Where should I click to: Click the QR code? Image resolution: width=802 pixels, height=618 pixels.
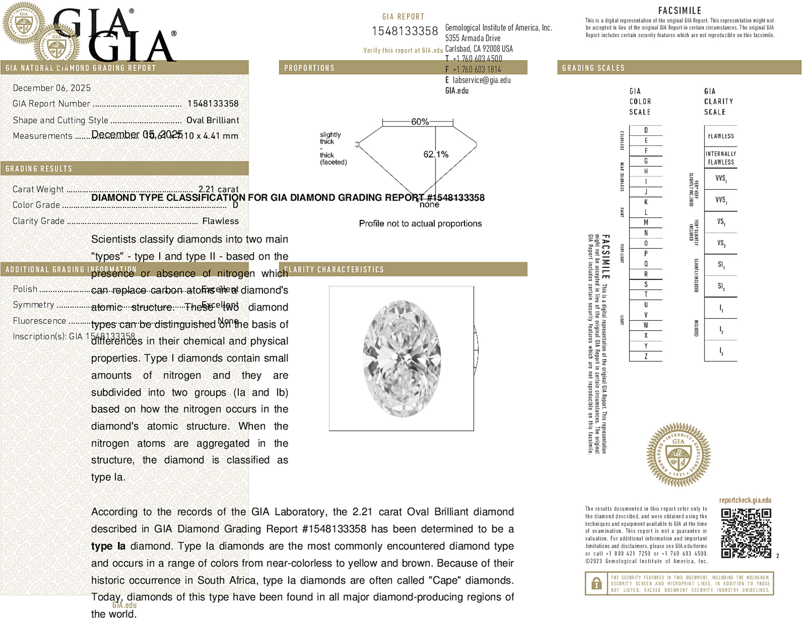745,533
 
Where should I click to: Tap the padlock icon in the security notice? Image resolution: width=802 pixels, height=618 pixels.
596,583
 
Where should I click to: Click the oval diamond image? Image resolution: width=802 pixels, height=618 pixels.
402,358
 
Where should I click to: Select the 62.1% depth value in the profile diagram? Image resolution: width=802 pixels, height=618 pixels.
435,155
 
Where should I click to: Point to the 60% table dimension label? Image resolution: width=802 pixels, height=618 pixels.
420,122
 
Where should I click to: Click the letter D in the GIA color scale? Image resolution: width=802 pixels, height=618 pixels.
646,130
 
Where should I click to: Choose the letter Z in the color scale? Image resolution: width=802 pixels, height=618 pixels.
646,356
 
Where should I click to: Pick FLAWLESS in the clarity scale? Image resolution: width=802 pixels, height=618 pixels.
721,136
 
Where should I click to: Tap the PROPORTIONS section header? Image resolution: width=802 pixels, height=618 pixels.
309,68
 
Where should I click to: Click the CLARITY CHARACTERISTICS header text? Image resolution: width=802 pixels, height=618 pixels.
334,269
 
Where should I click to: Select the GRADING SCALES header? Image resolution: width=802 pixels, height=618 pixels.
593,68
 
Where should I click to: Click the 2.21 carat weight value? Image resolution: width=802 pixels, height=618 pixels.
218,189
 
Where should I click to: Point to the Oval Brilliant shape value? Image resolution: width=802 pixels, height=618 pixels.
212,120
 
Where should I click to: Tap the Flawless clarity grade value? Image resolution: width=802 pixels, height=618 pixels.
221,221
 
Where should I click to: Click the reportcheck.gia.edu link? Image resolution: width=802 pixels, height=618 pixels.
745,500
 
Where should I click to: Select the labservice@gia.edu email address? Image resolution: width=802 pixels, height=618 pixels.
481,80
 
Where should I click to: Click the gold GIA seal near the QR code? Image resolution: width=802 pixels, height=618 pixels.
678,455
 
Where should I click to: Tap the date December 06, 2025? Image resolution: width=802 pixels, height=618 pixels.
52,88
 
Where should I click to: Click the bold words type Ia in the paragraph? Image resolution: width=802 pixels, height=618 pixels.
108,546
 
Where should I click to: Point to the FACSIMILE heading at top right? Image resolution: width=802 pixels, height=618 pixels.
680,10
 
